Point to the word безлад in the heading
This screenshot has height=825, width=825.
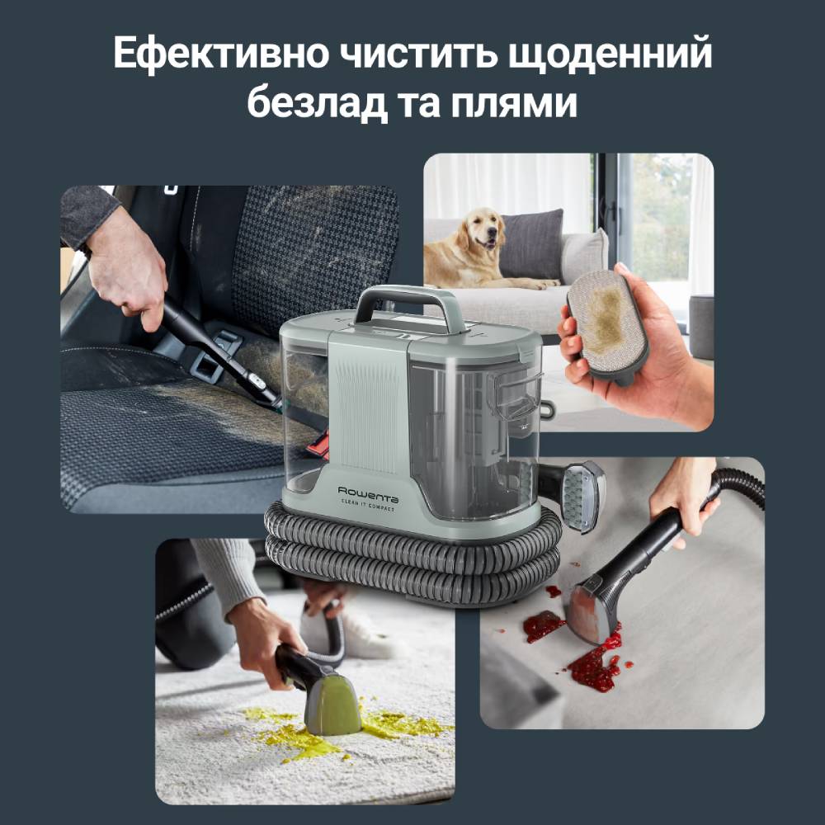coord(317,105)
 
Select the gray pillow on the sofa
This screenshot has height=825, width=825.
coord(531,243)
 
